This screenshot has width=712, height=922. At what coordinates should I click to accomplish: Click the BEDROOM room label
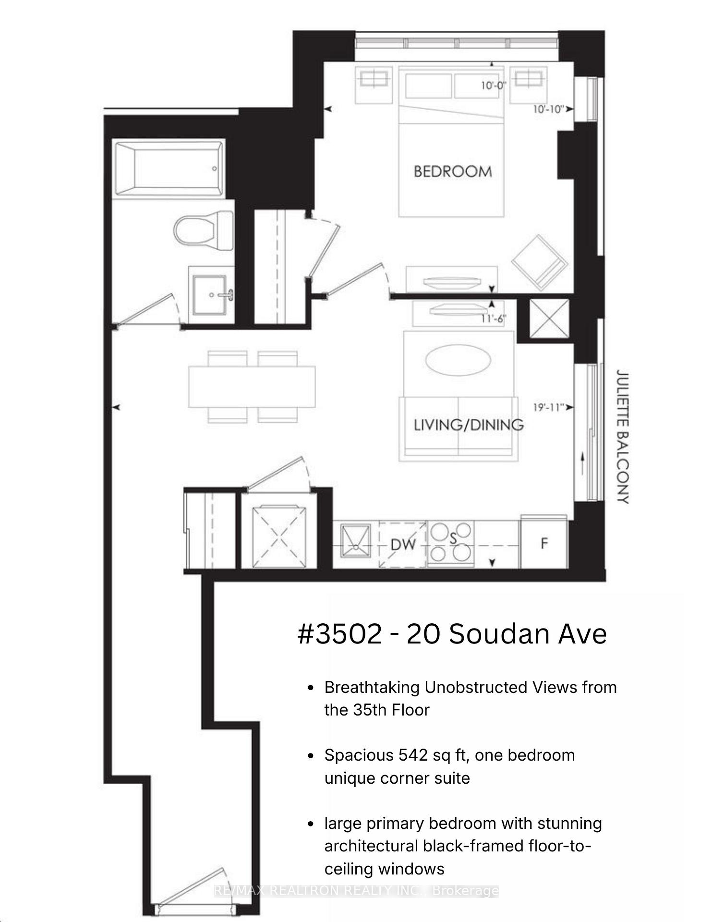pos(453,171)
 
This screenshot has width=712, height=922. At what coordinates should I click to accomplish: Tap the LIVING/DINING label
pos(469,425)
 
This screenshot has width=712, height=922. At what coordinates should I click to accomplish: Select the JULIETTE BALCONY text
pos(622,436)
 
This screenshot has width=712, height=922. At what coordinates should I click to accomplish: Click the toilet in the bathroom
pos(204,230)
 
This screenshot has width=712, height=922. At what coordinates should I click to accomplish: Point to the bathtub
pos(169,168)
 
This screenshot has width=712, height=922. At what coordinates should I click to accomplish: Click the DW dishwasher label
pos(403,545)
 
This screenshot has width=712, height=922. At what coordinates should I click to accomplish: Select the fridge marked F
pos(544,543)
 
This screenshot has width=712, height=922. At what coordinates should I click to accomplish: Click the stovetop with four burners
pos(450,543)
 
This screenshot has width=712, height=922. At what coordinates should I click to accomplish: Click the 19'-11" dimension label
pos(548,407)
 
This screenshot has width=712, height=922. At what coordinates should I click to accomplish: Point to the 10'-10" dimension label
pos(548,109)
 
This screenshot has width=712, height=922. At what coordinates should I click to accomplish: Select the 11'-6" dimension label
pos(494,318)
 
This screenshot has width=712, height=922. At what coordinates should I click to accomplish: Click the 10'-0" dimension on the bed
pos(494,85)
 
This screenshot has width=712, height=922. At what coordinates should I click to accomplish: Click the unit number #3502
pos(340,634)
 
